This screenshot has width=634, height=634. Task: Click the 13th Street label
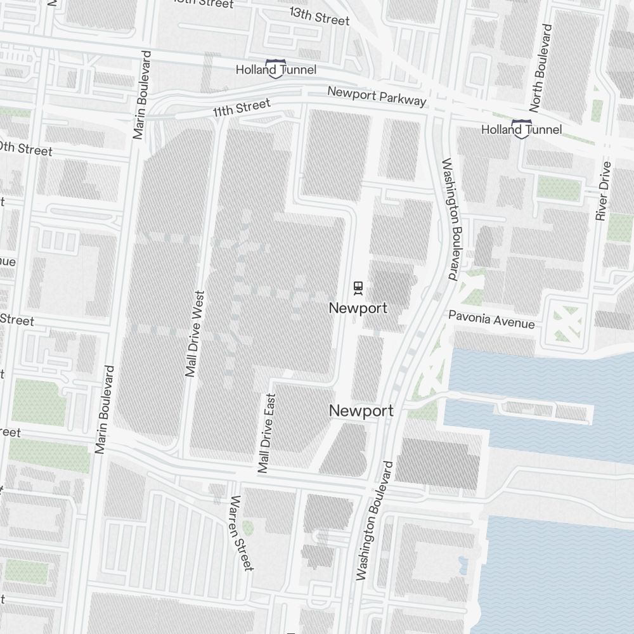pyautogui.click(x=319, y=16)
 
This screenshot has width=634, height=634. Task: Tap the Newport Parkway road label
pyautogui.click(x=377, y=96)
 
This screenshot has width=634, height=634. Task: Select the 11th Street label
pyautogui.click(x=241, y=108)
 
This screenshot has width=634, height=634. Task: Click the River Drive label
pyautogui.click(x=603, y=191)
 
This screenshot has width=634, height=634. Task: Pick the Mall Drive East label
pyautogui.click(x=267, y=434)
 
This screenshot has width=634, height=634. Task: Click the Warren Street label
pyautogui.click(x=242, y=533)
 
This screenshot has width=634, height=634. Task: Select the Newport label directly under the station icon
pyautogui.click(x=358, y=308)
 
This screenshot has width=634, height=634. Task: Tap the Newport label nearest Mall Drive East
pyautogui.click(x=361, y=411)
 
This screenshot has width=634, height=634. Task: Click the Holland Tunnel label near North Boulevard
pyautogui.click(x=521, y=129)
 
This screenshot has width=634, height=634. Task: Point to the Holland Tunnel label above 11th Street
pyautogui.click(x=276, y=69)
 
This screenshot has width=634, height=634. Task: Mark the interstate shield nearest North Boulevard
pyautogui.click(x=521, y=129)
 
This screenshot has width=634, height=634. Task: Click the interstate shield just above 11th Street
pyautogui.click(x=275, y=68)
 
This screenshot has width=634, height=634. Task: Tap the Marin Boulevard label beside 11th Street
pyautogui.click(x=141, y=94)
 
